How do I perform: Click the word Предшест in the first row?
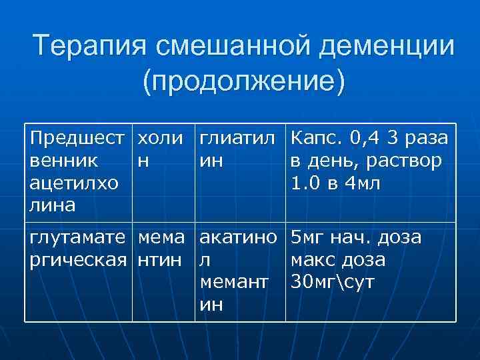pos(77,139)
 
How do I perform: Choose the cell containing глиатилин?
pos(239,150)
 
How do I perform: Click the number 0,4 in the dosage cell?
pos(369,139)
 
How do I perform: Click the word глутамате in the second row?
pos(79,237)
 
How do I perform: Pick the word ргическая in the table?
pos(79,259)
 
